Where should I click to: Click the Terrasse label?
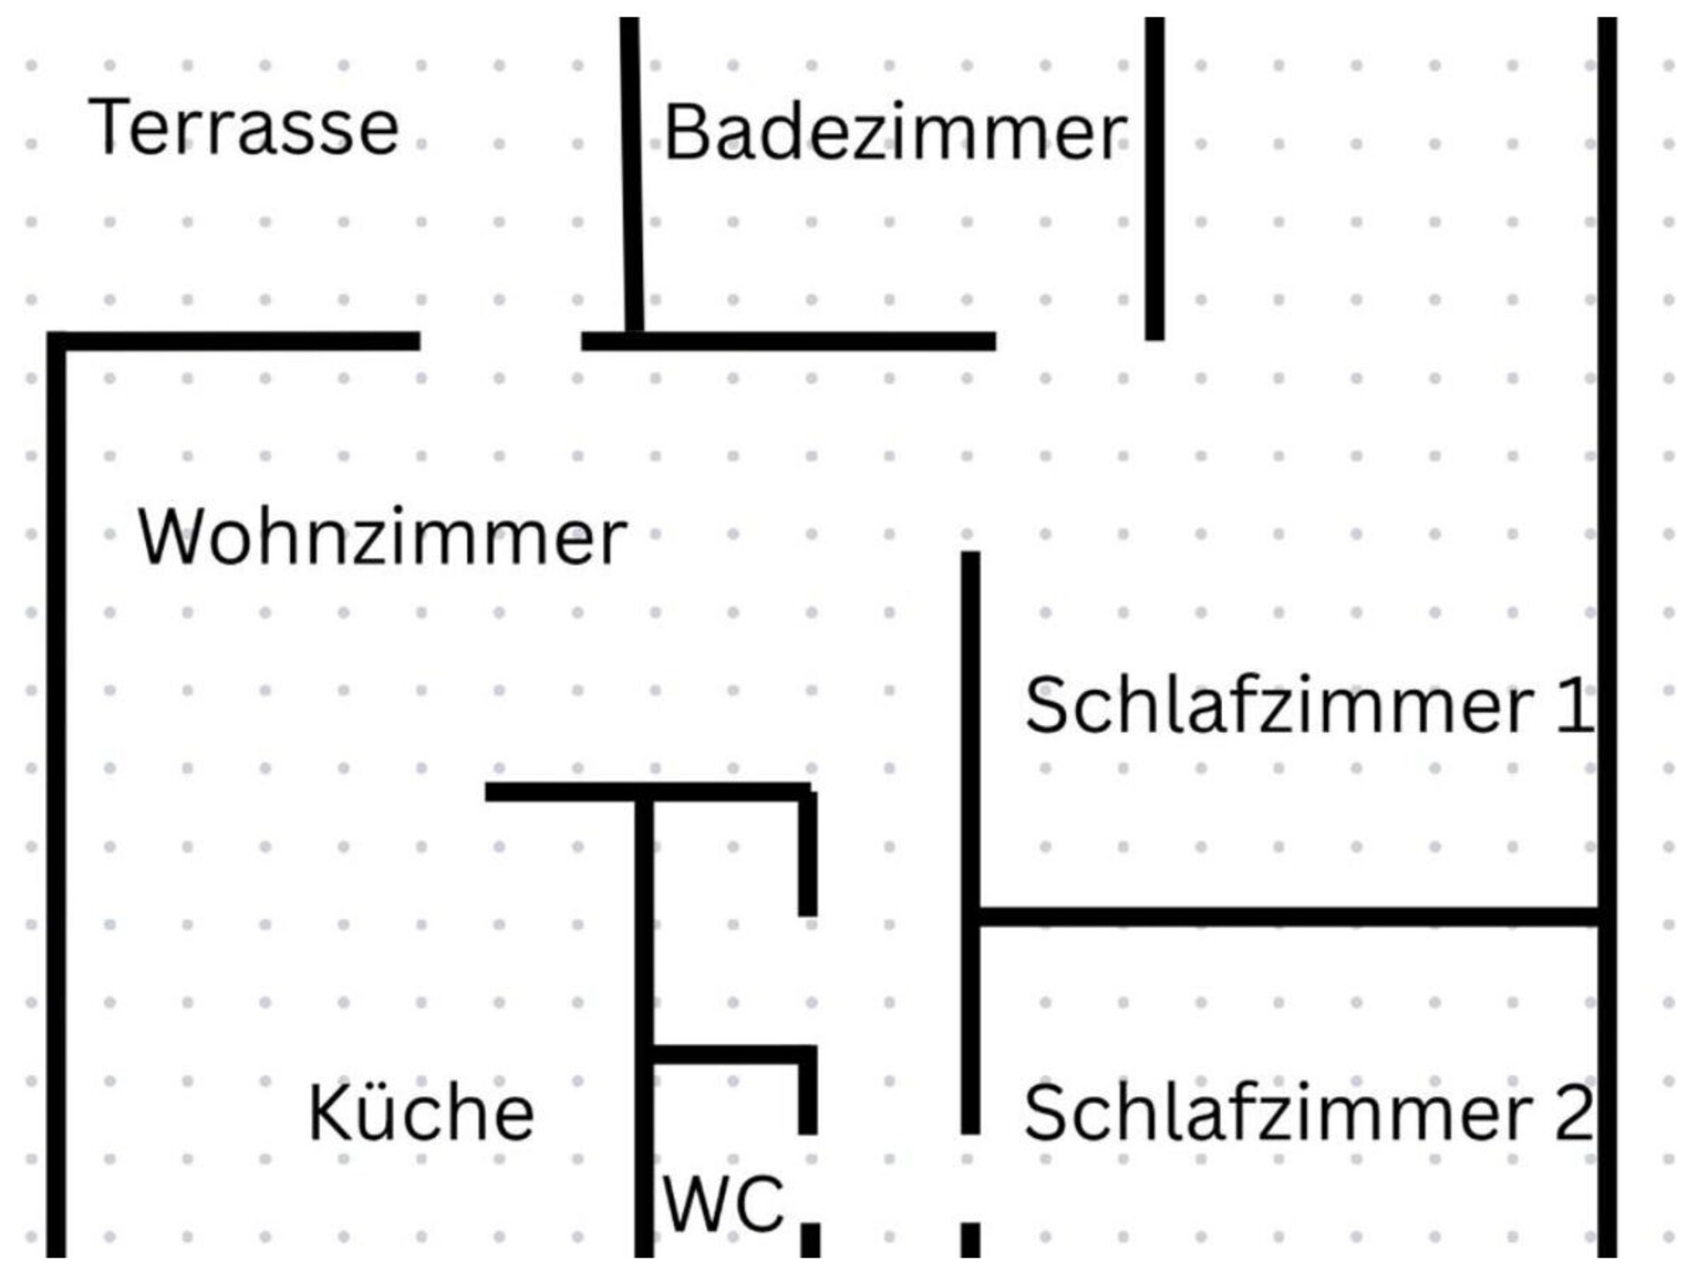(243, 127)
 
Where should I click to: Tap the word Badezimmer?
(896, 133)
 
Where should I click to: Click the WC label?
(724, 1204)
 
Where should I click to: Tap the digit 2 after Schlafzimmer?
(1573, 1112)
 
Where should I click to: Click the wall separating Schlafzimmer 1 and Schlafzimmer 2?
(1289, 917)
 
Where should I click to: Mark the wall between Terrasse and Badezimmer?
(632, 174)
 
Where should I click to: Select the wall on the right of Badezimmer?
(1155, 178)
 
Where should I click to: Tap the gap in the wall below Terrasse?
(501, 341)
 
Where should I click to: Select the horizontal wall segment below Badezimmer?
(788, 341)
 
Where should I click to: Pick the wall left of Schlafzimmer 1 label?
(971, 842)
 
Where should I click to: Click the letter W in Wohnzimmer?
(172, 537)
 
